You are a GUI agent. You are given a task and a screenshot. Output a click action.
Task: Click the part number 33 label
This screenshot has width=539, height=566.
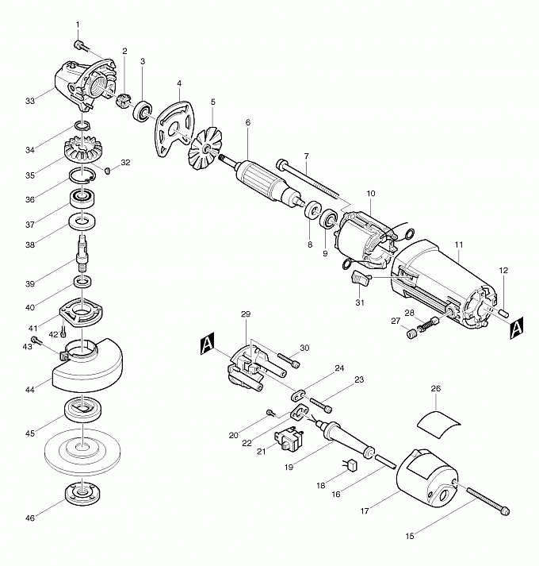[30, 102]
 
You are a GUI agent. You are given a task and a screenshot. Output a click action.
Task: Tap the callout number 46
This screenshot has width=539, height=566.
[30, 518]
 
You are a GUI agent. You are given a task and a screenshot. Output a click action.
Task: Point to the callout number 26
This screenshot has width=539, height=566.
[435, 389]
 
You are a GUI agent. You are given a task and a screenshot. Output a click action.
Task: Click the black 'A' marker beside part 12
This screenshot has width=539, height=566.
[514, 327]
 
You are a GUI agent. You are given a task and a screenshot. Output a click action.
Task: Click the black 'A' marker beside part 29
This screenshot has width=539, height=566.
[207, 344]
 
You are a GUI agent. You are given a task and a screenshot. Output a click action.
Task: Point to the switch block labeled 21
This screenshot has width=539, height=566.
[289, 438]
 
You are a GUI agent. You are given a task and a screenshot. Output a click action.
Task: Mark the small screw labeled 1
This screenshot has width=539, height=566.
[79, 44]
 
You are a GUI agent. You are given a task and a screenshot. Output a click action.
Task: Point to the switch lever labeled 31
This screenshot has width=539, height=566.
[360, 280]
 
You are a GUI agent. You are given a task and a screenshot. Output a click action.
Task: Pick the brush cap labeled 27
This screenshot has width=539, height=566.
[411, 334]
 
